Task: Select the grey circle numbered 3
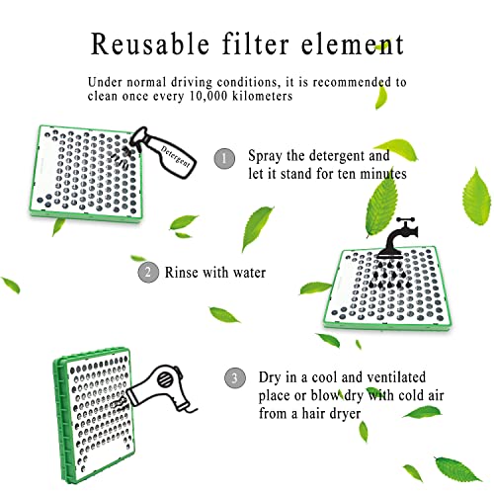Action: (x=233, y=376)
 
